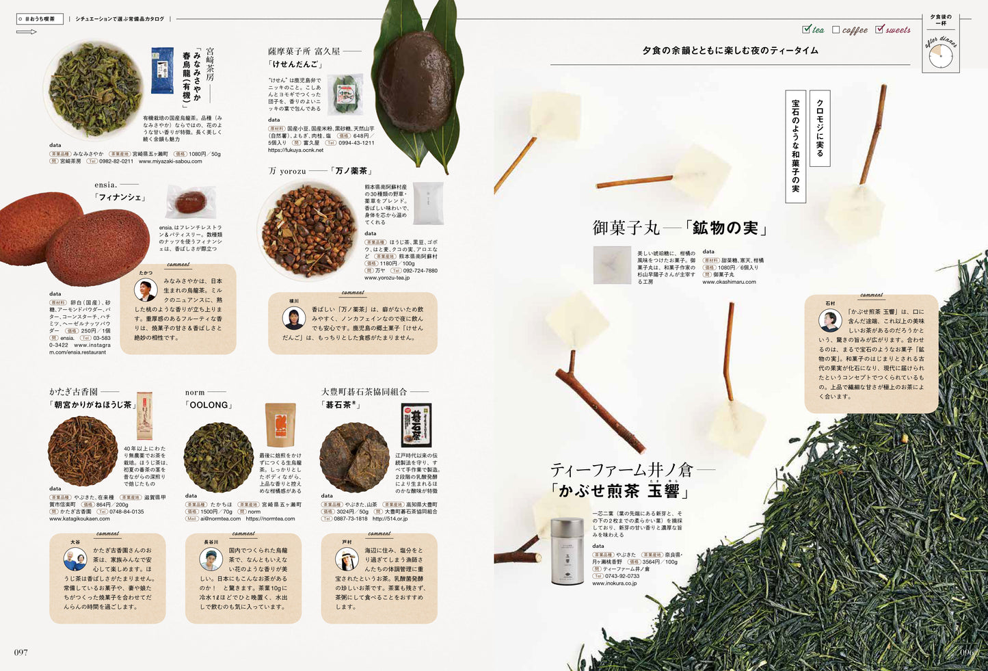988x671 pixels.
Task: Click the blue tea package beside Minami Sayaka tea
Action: (x=162, y=70)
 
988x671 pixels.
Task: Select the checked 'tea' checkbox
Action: (x=807, y=29)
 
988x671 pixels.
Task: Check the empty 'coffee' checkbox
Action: (x=836, y=29)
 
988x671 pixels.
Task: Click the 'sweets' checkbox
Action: (x=879, y=29)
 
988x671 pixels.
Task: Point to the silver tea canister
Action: (x=567, y=551)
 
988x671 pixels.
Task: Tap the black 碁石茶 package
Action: (x=416, y=425)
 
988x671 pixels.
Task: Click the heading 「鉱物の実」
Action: (x=727, y=228)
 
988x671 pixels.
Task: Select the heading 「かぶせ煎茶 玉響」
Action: (x=619, y=490)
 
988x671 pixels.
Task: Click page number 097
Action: (x=21, y=652)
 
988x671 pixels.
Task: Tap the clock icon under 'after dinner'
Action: (x=940, y=56)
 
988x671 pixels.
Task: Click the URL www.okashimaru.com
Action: (x=729, y=282)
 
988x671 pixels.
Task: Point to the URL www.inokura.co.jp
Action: (x=614, y=583)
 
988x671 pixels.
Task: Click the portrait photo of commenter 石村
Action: (x=830, y=320)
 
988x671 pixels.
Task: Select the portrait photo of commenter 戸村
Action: (x=347, y=559)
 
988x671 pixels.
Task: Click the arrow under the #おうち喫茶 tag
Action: (x=27, y=31)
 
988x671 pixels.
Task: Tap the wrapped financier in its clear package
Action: (x=191, y=202)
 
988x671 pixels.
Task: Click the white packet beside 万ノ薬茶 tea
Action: (x=428, y=203)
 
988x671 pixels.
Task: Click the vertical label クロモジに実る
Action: (x=820, y=128)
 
